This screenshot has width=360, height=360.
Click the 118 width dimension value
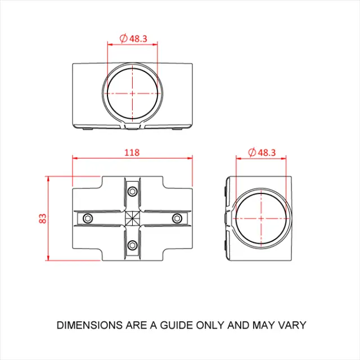click(132, 152)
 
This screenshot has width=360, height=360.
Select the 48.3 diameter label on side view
click(265, 152)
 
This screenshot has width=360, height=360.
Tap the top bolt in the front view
click(132, 192)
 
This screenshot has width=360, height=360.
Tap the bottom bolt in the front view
click(132, 245)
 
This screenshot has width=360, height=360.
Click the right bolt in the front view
click(177, 218)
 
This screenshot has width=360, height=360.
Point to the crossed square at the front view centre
click(132, 218)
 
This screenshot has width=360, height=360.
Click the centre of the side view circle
click(262, 218)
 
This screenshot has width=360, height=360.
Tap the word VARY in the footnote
click(292, 325)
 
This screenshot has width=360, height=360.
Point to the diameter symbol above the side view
click(253, 152)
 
